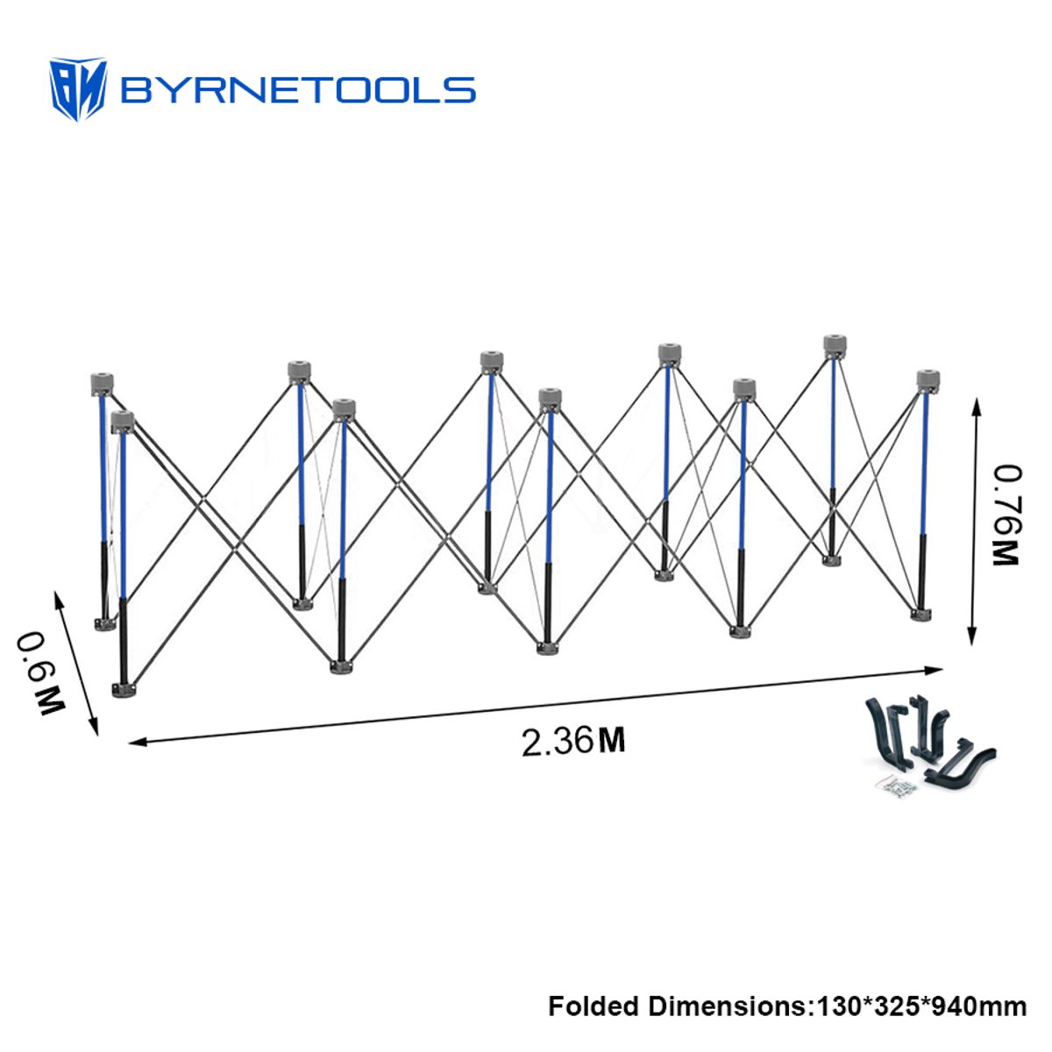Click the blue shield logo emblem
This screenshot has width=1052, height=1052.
pyautogui.click(x=77, y=89)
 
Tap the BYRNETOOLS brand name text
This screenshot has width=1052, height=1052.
pyautogui.click(x=298, y=90)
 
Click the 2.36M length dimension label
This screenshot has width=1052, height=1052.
pyautogui.click(x=573, y=741)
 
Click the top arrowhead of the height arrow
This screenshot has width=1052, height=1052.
pyautogui.click(x=977, y=407)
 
